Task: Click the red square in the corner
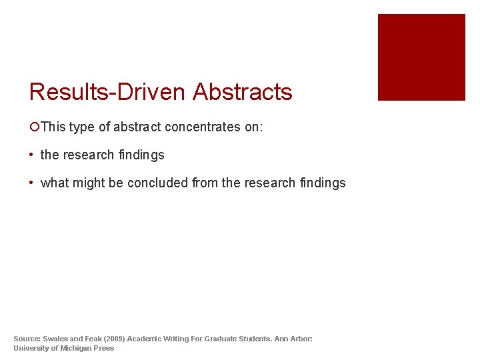[x=421, y=57]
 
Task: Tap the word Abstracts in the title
[x=243, y=92]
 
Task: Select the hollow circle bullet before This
[x=35, y=127]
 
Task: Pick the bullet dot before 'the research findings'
[x=32, y=155]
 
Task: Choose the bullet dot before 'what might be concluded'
[x=32, y=183]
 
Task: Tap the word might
[x=89, y=183]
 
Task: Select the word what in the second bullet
[x=55, y=183]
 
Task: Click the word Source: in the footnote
[x=27, y=339]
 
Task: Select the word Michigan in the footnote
[x=78, y=348]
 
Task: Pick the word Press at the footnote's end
[x=104, y=348]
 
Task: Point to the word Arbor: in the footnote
[x=301, y=339]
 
